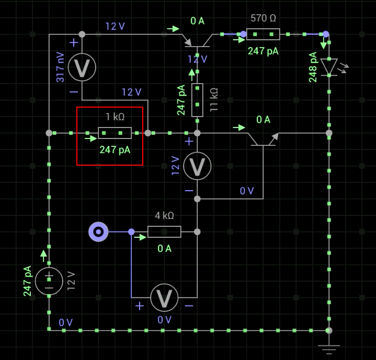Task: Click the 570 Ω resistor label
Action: (263, 18)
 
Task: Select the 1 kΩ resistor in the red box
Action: (115, 133)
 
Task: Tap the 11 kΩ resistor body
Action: (197, 100)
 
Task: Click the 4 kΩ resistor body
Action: (164, 231)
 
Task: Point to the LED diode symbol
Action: (329, 67)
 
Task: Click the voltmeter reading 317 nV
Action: (83, 67)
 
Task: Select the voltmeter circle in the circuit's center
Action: (197, 166)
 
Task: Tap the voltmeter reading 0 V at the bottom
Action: (164, 298)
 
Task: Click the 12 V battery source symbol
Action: (49, 281)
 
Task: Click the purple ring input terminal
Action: (98, 231)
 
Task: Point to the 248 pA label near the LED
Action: (313, 67)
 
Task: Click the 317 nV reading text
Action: (61, 67)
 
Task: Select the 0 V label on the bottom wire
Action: (66, 322)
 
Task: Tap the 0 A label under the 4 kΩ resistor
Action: (164, 249)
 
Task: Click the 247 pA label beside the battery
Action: (28, 281)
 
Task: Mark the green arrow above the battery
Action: (43, 256)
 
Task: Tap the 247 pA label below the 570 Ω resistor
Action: (263, 51)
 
